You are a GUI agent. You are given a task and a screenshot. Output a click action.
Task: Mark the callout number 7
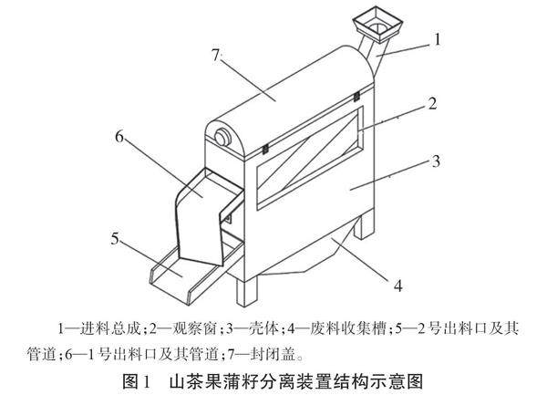tap(217, 56)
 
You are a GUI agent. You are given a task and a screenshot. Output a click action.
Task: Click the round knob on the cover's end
tap(221, 137)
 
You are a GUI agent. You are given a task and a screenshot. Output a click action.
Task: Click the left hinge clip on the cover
tap(263, 146)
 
